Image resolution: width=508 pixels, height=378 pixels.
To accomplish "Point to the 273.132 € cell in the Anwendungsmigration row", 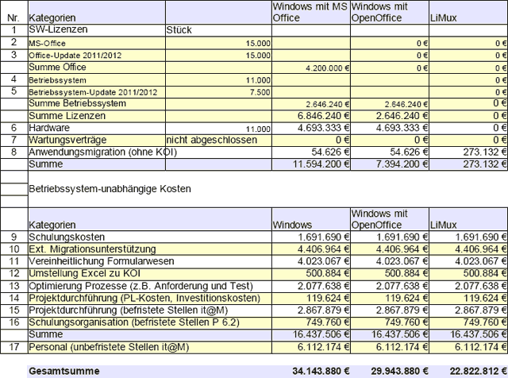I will (x=480, y=151).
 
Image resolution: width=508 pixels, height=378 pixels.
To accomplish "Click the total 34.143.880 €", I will (x=312, y=371).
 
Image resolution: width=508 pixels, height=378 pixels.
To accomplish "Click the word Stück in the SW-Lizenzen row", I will (x=179, y=30).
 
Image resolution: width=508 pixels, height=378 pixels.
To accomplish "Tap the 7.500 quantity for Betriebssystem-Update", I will (x=259, y=91).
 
